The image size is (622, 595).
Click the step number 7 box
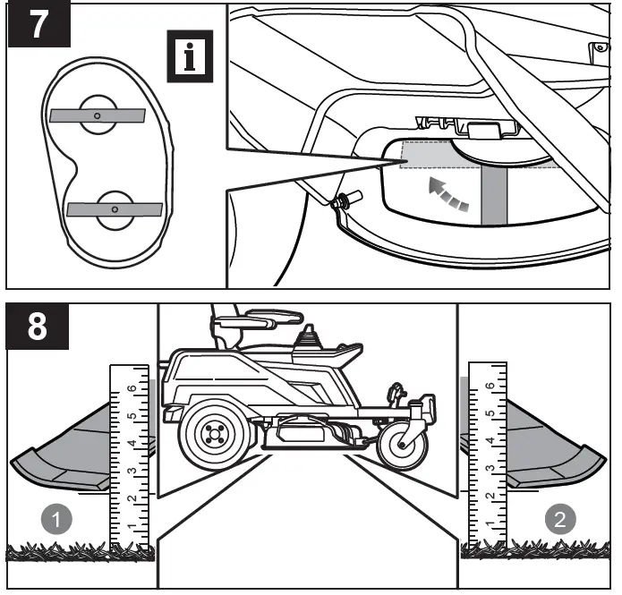[x=38, y=25]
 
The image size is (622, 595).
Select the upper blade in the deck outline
[x=97, y=115]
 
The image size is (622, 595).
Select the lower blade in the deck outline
[x=115, y=208]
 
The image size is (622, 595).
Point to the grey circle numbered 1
[x=57, y=520]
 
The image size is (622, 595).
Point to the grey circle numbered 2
[x=560, y=520]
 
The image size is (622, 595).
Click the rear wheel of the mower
[x=212, y=438]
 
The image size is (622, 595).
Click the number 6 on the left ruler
[x=132, y=388]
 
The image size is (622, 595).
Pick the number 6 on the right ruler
[x=489, y=387]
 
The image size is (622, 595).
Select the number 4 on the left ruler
[x=132, y=444]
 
